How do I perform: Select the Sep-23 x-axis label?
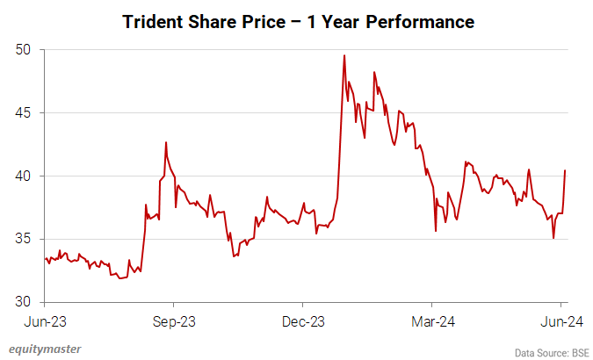tap(173, 321)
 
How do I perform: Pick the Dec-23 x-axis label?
tap(303, 321)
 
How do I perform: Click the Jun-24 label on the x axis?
tap(560, 321)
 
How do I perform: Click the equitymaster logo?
tap(45, 349)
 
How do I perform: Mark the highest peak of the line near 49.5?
tap(344, 55)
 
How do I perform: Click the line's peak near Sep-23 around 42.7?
tap(166, 142)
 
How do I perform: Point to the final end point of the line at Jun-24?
tap(564, 170)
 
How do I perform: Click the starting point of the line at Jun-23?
tap(45, 258)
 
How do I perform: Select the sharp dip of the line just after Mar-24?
tap(436, 231)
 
